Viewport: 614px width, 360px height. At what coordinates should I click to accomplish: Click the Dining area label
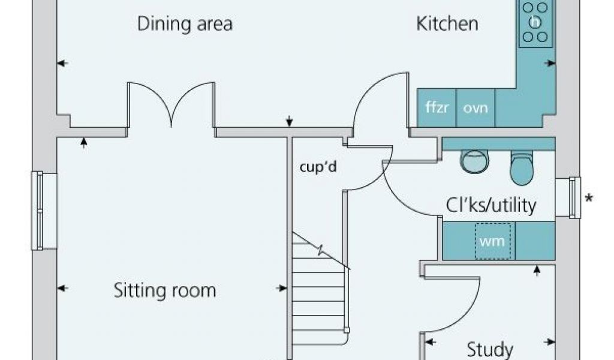185,24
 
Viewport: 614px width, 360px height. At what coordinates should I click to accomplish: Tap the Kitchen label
447,24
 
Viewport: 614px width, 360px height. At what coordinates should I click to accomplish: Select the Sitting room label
165,291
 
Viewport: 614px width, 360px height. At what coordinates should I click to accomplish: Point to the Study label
490,349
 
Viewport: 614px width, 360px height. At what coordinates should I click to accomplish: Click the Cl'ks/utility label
490,206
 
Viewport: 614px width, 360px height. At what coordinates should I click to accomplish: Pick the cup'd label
318,167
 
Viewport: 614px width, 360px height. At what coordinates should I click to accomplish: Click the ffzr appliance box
437,108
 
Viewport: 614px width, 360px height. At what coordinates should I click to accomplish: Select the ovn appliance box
475,108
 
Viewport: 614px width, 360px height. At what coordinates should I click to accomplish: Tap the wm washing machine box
493,241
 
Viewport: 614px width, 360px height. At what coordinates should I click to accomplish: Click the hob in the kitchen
535,22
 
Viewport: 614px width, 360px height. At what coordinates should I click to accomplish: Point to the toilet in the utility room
522,167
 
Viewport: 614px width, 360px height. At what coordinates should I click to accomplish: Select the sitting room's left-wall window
38,210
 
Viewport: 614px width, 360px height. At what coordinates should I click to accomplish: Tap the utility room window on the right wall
574,196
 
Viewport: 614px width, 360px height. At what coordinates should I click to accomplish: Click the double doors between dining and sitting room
171,105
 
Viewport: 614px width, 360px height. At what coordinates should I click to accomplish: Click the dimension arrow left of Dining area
62,63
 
